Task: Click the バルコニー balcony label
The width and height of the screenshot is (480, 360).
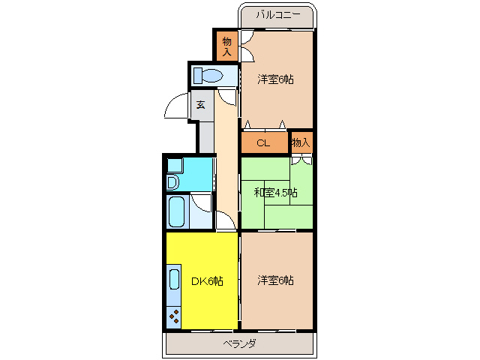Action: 277,14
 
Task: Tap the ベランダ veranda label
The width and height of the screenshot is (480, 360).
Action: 240,343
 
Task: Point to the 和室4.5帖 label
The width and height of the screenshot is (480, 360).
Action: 275,193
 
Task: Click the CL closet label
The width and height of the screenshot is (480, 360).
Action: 262,142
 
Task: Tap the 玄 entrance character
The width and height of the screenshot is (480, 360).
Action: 201,106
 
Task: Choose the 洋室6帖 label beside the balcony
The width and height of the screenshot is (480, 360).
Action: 275,79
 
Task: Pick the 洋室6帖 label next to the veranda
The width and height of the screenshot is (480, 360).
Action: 275,280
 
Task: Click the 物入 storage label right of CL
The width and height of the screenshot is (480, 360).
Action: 300,142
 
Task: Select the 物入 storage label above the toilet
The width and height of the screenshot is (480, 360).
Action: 227,46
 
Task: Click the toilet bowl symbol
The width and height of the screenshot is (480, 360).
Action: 209,75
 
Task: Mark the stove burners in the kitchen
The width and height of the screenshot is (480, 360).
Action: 174,317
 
